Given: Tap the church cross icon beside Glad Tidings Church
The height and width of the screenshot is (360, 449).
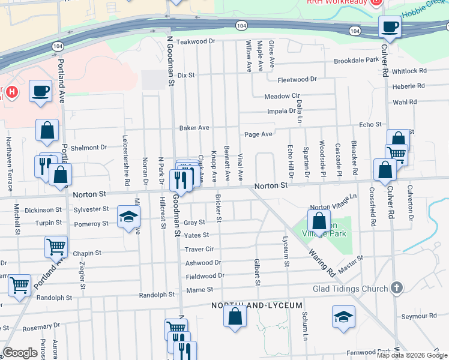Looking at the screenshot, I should [x=396, y=288].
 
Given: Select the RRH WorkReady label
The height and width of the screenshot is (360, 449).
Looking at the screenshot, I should [x=336, y=3].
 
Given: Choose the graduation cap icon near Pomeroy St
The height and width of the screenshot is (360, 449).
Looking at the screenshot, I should [x=128, y=218].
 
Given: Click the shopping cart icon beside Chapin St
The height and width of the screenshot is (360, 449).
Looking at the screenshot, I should [x=56, y=245].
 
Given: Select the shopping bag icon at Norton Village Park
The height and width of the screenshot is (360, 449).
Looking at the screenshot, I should [x=319, y=220].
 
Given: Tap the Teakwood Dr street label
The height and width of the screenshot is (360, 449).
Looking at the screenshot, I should [x=196, y=41].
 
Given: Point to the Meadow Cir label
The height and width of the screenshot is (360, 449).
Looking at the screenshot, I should [x=282, y=96].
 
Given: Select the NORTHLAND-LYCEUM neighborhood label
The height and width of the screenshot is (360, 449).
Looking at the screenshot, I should [x=256, y=306].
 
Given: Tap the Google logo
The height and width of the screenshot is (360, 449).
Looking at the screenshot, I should [x=20, y=353].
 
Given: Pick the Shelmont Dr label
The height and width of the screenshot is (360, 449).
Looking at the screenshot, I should [x=88, y=148].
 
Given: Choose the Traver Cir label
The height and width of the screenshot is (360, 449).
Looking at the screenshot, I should [x=199, y=249].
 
